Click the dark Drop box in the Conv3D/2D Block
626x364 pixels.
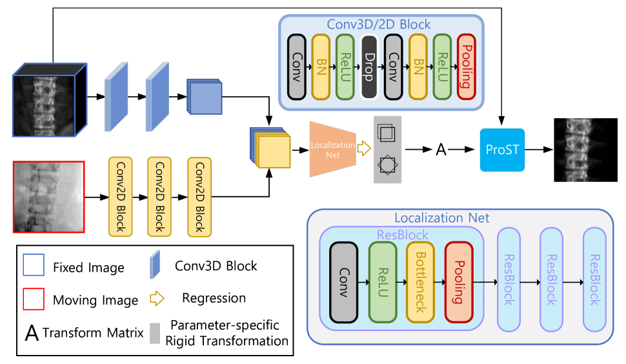tap(369, 67)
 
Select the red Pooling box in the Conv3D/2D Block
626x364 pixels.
tap(466, 67)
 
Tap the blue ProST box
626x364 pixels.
tap(502, 150)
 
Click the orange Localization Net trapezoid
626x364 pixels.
tap(332, 149)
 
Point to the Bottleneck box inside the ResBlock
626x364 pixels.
tap(420, 282)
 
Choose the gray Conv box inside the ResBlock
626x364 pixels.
tap(343, 282)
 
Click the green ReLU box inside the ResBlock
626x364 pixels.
tap(382, 282)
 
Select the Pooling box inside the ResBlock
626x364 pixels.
tap(459, 282)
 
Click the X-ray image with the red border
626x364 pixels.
tap(48, 197)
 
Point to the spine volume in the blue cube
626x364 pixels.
tap(45, 103)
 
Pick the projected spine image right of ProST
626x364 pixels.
tap(578, 150)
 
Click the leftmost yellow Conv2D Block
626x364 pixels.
tap(120, 196)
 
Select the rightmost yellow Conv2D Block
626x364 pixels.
tap(199, 196)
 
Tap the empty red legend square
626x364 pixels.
tap(34, 299)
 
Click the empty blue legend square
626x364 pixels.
tap(34, 265)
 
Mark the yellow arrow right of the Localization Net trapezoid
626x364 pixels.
tap(365, 149)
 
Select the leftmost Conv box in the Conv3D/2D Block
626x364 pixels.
tap(297, 67)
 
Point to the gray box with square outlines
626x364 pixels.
tap(387, 150)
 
